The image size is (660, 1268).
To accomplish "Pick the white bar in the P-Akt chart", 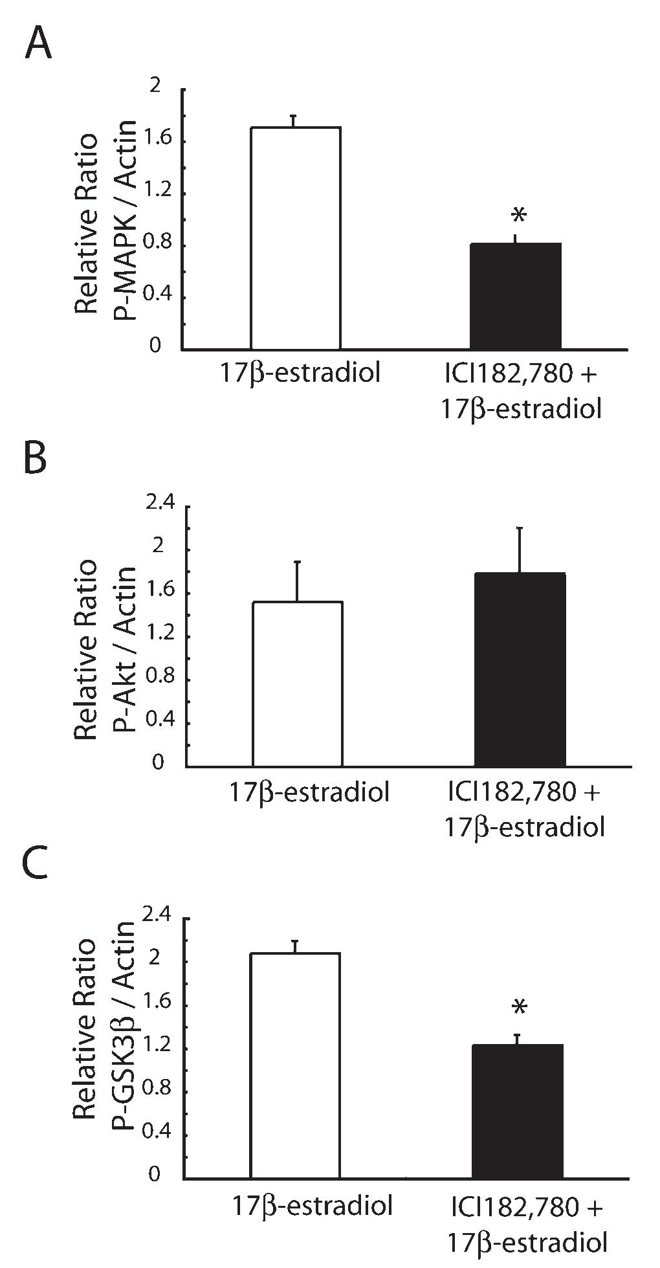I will point(297,684).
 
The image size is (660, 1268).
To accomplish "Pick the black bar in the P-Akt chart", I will point(520,670).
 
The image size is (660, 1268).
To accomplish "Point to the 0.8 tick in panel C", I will point(153,1089).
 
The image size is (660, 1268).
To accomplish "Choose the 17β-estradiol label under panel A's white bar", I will point(298,374).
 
